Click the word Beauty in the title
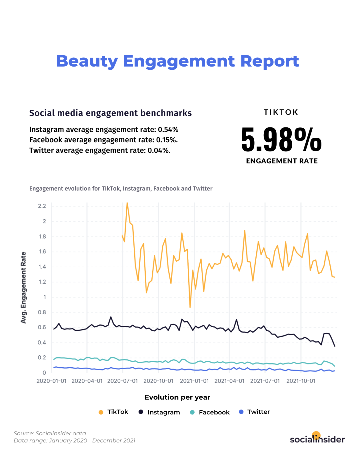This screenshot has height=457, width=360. click(87, 61)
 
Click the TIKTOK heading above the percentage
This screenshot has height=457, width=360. click(281, 112)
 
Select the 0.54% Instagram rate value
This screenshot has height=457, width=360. click(168, 130)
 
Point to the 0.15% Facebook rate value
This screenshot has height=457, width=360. click(166, 140)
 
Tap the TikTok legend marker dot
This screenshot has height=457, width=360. click(101, 412)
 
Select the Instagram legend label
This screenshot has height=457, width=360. click(164, 412)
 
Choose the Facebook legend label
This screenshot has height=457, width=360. click(214, 412)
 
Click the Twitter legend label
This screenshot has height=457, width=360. click(258, 412)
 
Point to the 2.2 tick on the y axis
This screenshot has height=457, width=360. click(42, 206)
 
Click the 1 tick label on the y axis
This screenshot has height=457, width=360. click(45, 297)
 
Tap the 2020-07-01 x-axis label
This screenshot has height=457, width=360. click(122, 381)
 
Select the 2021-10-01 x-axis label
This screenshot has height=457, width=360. click(301, 381)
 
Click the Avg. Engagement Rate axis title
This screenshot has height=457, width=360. click(23, 287)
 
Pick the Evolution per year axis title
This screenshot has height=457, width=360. click(177, 397)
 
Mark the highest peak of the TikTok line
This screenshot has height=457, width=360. click(127, 203)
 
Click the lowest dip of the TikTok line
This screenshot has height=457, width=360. click(190, 307)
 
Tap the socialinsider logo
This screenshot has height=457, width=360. click(317, 439)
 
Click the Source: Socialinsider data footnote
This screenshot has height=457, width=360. click(50, 433)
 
